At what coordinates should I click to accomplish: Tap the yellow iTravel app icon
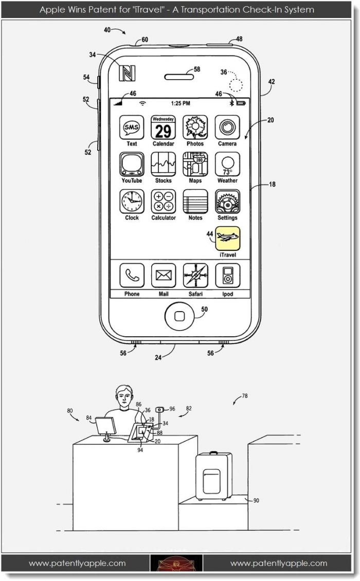click(x=228, y=239)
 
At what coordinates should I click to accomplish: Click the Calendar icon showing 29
click(x=163, y=128)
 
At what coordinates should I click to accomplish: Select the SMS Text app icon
click(x=132, y=128)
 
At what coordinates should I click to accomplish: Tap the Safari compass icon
click(x=195, y=276)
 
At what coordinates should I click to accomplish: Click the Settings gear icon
click(x=228, y=202)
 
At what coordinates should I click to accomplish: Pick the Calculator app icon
click(x=163, y=202)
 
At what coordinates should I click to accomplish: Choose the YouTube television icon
click(x=132, y=165)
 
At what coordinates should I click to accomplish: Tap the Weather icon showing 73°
click(x=228, y=165)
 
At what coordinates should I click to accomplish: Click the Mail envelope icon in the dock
click(x=163, y=276)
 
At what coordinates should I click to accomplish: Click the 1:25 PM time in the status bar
click(x=181, y=103)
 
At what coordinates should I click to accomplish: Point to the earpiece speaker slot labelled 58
click(x=179, y=77)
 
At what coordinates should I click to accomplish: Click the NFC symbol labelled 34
click(x=127, y=73)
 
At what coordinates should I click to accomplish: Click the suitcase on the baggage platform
click(x=213, y=476)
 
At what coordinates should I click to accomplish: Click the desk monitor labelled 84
click(x=105, y=426)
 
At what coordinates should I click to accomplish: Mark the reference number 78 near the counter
click(x=245, y=396)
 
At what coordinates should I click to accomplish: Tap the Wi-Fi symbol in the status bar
click(x=142, y=103)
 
